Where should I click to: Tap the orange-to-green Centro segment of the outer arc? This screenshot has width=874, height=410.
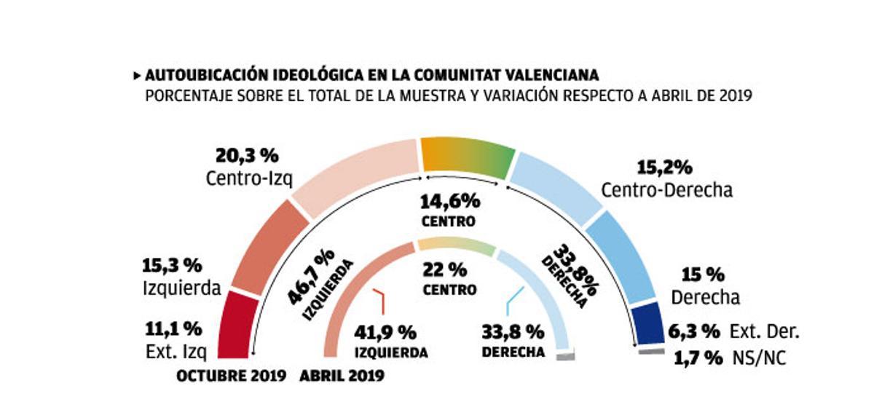(467, 157)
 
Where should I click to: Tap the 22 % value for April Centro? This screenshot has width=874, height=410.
(444, 269)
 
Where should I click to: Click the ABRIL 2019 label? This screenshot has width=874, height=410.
(342, 376)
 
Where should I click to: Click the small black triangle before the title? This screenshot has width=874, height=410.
(137, 76)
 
